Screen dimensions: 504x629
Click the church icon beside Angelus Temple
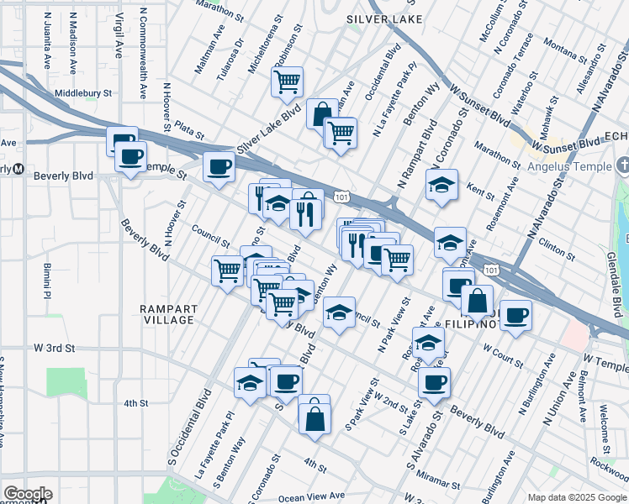[x=621, y=164]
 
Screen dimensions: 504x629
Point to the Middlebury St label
[x=83, y=93]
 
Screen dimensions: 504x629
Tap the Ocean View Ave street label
[x=312, y=497]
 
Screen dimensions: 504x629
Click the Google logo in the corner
[x=27, y=494]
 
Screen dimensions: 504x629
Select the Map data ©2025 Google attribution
[x=576, y=497]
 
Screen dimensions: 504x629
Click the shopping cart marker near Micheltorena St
[x=287, y=81]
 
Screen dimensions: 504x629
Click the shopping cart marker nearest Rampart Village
[x=227, y=270]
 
